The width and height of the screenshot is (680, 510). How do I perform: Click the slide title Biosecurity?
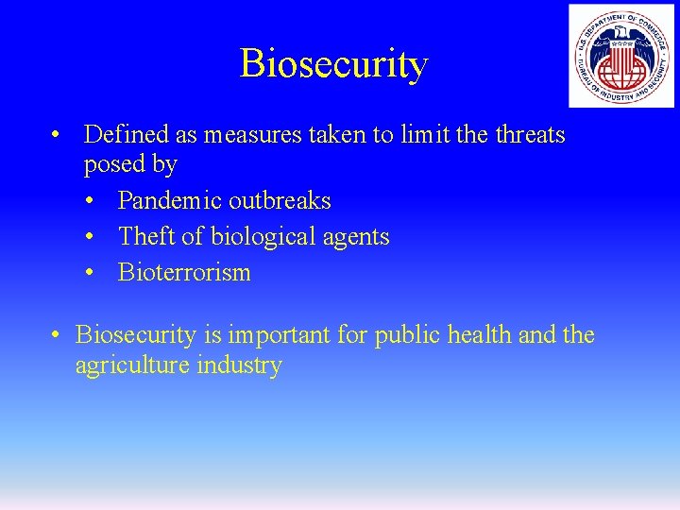[x=333, y=63]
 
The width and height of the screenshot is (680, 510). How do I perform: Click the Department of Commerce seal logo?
[x=620, y=56]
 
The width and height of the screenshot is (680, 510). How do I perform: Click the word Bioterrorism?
[x=184, y=272]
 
